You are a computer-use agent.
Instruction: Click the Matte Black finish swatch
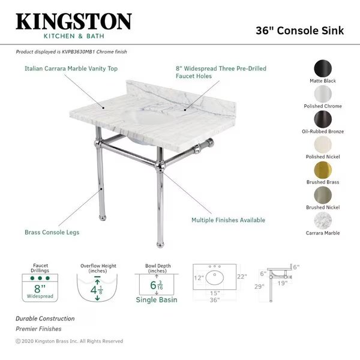click(323, 68)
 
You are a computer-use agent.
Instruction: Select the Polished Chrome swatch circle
click(323, 94)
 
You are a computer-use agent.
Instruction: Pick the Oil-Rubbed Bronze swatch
click(323, 119)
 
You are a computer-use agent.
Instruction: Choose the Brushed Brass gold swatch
click(323, 170)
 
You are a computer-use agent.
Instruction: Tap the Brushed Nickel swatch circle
click(323, 195)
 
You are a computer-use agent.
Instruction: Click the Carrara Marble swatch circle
click(323, 221)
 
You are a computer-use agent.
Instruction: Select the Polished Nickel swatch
click(323, 145)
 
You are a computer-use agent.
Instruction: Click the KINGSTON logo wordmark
click(74, 22)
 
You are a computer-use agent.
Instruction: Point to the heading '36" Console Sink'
click(300, 31)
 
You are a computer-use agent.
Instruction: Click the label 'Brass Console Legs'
click(52, 232)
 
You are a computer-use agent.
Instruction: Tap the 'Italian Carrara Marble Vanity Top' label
click(71, 68)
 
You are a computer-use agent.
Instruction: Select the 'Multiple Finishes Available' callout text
click(228, 220)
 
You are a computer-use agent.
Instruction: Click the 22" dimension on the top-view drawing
click(242, 277)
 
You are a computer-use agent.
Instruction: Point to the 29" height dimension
click(259, 287)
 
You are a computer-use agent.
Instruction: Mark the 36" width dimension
click(215, 300)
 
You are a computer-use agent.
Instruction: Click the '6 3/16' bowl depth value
click(157, 285)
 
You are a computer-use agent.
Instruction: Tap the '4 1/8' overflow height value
click(97, 290)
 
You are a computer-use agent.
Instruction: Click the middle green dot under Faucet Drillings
click(40, 278)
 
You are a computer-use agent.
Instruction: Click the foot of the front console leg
click(160, 245)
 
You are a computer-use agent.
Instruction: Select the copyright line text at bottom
click(70, 341)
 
